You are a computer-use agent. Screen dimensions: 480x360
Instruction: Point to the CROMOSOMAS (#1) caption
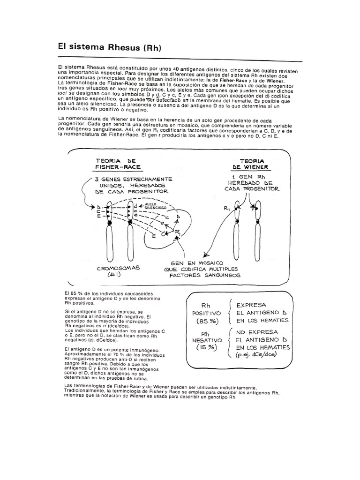[115, 271]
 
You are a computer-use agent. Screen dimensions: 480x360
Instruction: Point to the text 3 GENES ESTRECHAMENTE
[133, 179]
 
